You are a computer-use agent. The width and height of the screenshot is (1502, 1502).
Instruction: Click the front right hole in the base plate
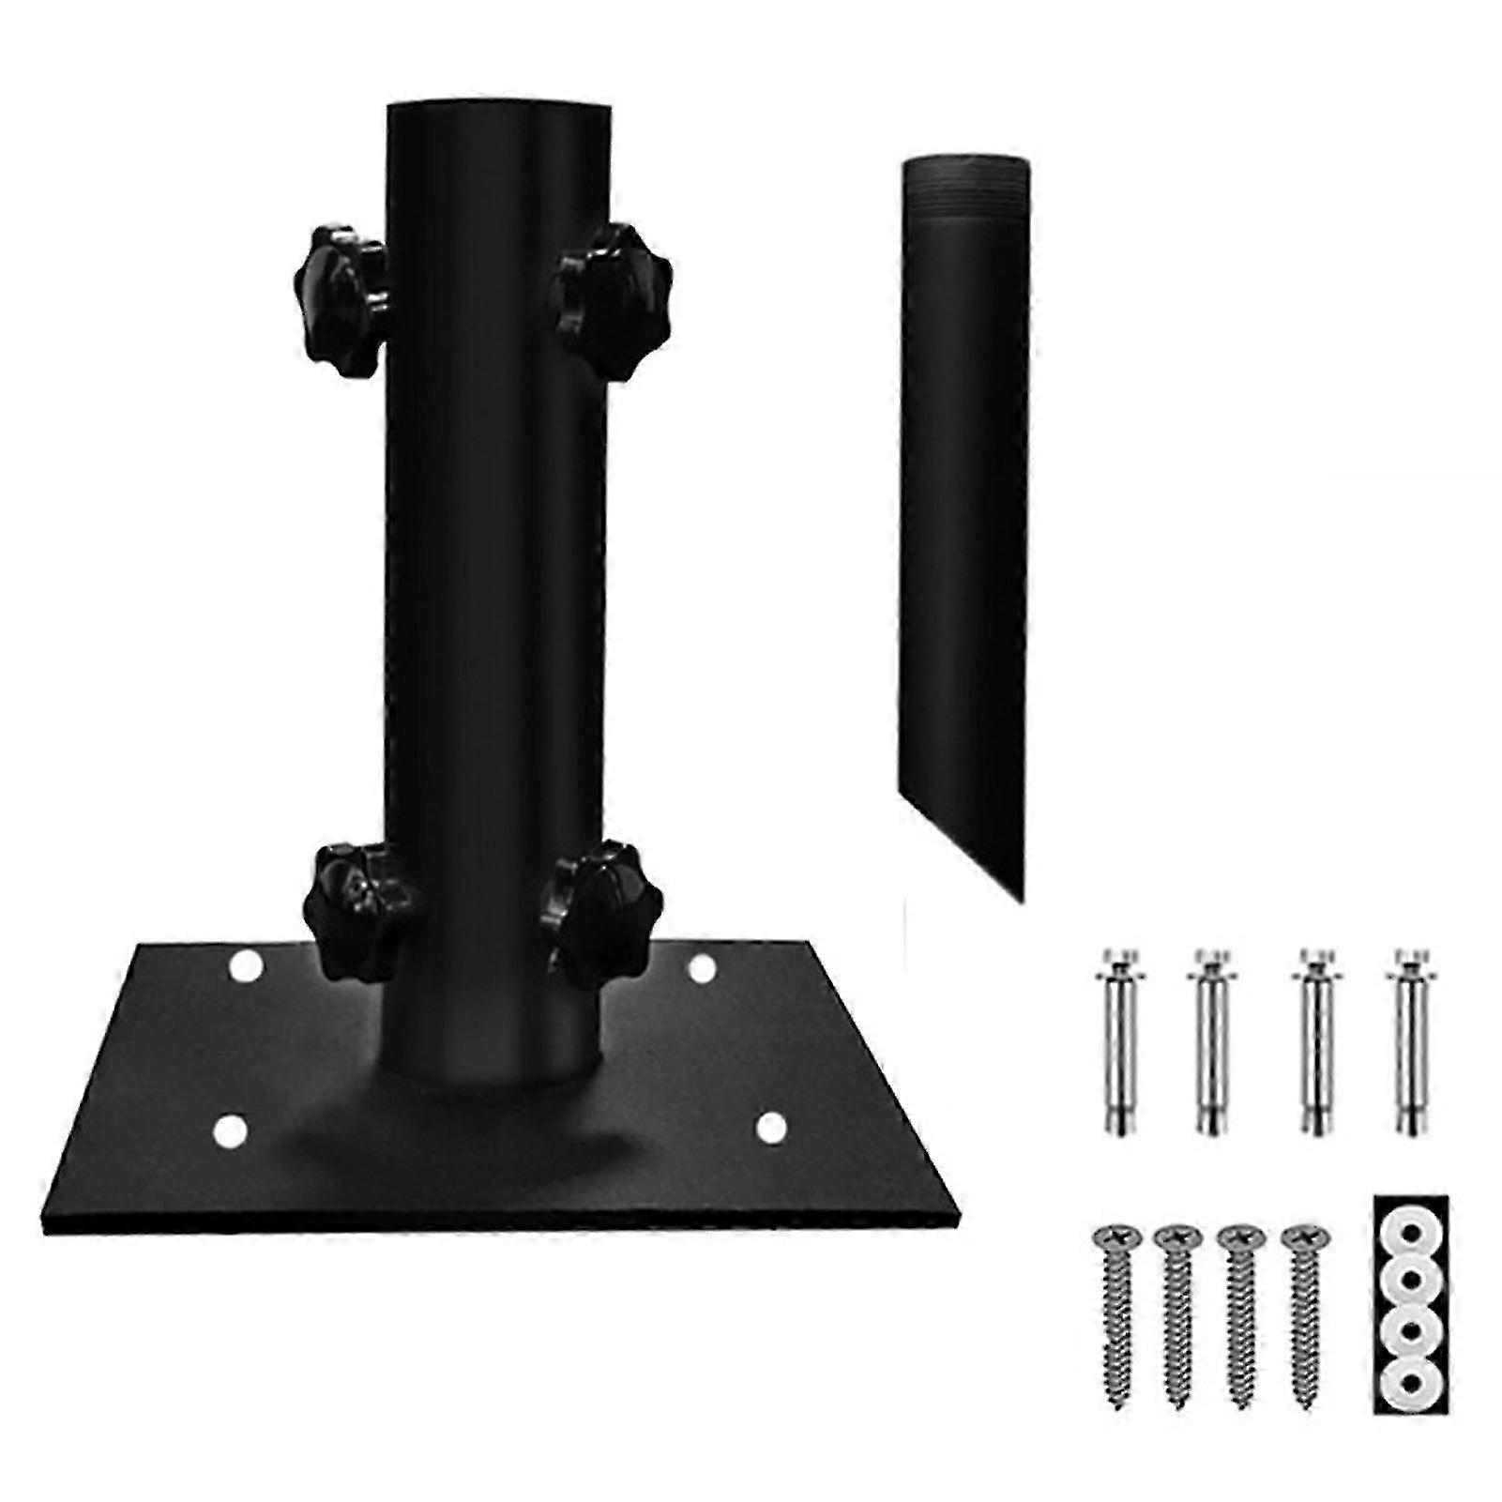(x=769, y=1129)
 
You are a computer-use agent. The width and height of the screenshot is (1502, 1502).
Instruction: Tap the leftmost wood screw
(x=1113, y=1309)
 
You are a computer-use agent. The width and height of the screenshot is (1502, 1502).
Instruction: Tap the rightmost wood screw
(x=1301, y=1309)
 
